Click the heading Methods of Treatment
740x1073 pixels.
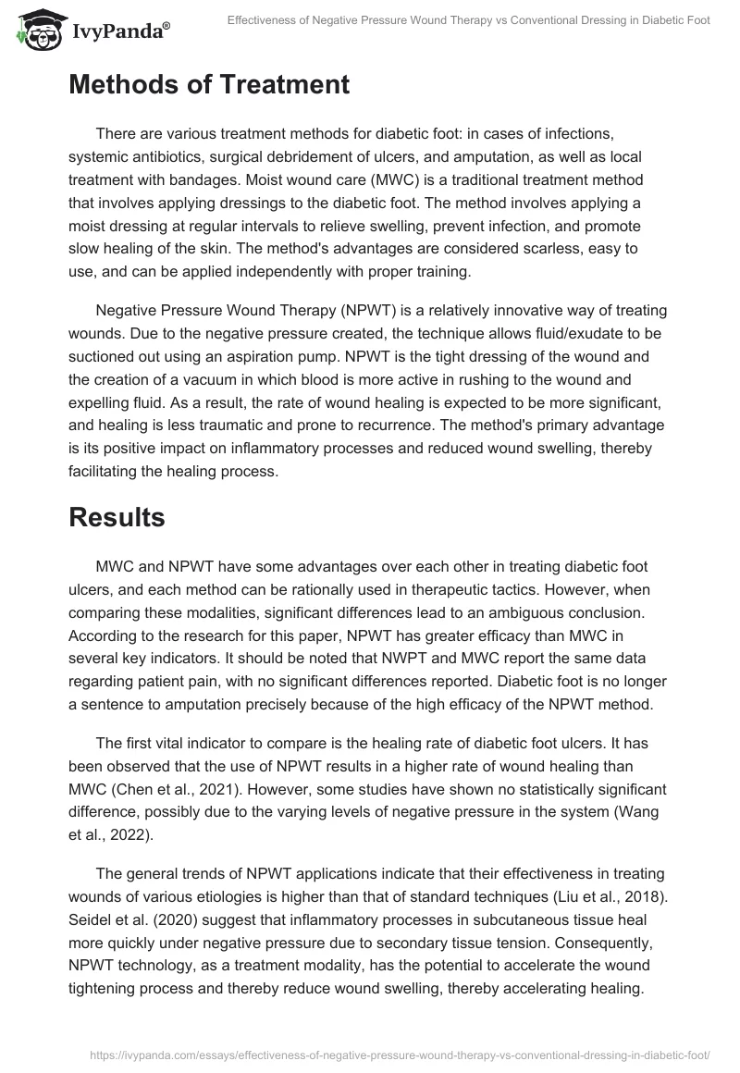[209, 85]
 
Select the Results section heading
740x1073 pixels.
[117, 518]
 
